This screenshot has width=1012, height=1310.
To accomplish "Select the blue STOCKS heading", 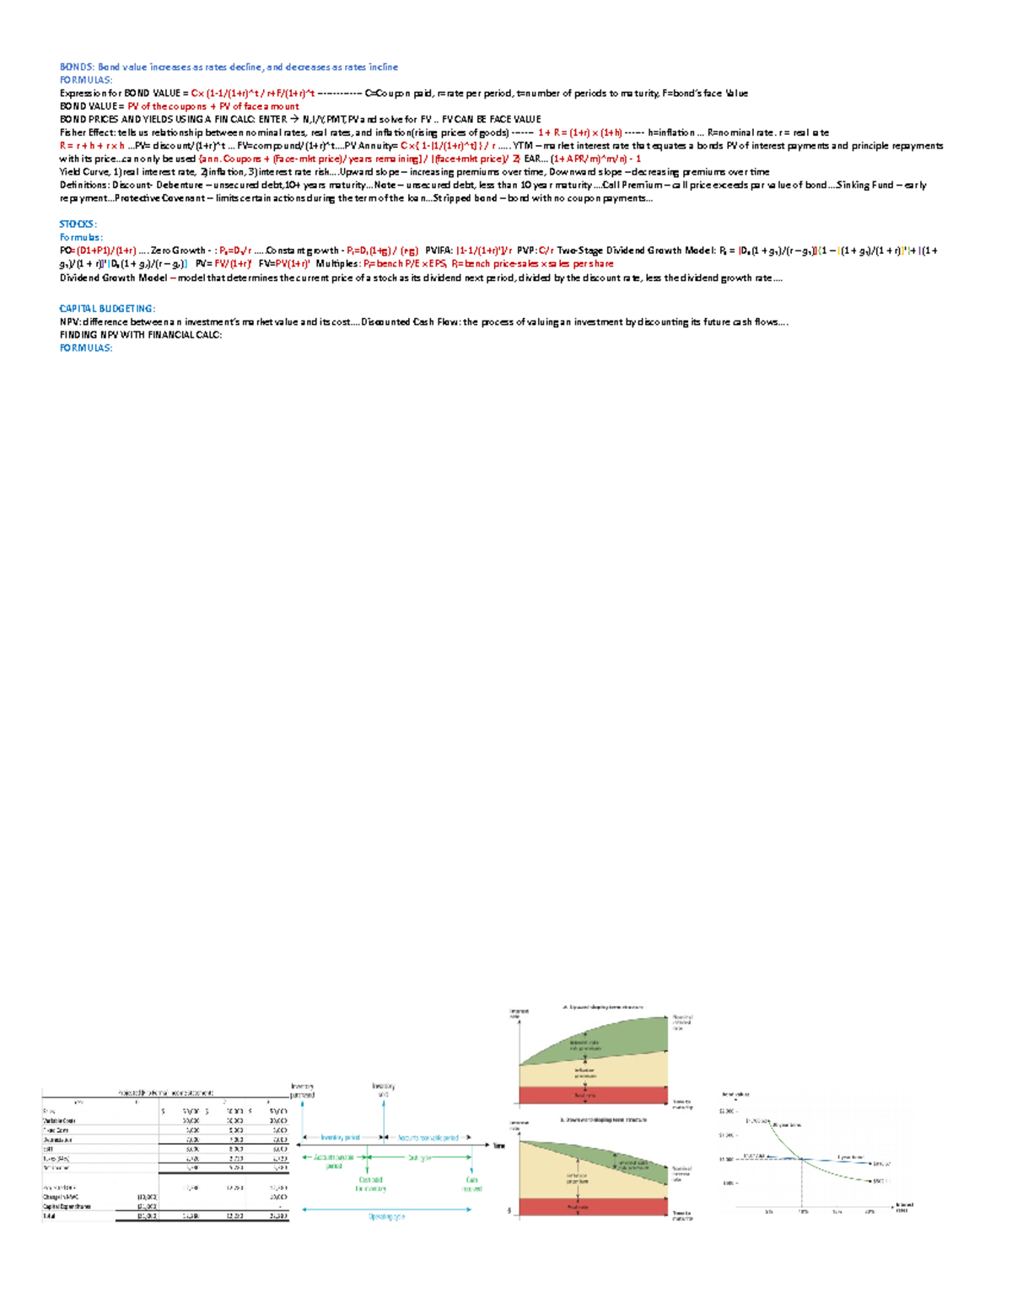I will [x=77, y=224].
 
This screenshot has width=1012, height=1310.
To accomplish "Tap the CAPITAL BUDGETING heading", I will [x=107, y=309].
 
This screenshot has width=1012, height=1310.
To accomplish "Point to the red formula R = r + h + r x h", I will [x=92, y=146].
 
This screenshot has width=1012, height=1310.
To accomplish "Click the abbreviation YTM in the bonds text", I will [x=523, y=146].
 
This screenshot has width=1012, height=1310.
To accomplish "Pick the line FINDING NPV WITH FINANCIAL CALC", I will [x=141, y=335].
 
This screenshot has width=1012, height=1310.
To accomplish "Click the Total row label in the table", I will [x=49, y=1216].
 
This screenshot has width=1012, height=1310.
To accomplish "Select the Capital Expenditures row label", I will [x=67, y=1206].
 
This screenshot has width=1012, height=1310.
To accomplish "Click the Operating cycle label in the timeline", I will [x=386, y=1216].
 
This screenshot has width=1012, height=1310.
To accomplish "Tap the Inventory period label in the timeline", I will [x=340, y=1138].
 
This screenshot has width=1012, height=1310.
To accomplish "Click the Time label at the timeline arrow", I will [x=499, y=1146].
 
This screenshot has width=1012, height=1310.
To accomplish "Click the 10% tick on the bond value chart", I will [x=802, y=1210].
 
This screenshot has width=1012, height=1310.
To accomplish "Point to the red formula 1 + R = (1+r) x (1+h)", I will [x=579, y=132].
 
